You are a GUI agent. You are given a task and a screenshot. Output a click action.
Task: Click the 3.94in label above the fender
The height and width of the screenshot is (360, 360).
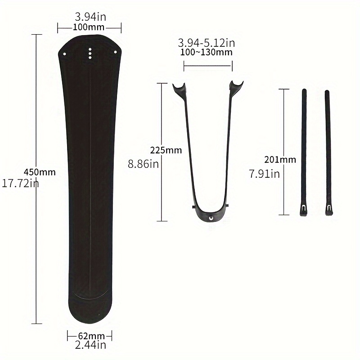click(90, 17)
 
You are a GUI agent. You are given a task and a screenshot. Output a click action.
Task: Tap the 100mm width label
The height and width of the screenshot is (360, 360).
click(89, 27)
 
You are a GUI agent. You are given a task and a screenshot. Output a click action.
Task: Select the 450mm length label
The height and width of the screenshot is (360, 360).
click(40, 172)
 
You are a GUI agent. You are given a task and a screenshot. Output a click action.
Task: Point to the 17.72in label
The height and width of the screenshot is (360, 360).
click(20, 183)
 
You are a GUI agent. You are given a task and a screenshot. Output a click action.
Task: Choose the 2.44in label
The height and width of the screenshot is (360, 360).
click(90, 345)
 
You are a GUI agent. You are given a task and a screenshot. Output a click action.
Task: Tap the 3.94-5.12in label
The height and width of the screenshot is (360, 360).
click(207, 43)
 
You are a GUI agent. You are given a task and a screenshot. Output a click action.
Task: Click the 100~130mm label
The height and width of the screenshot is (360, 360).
click(206, 52)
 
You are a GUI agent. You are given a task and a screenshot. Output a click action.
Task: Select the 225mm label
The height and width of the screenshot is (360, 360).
click(166, 150)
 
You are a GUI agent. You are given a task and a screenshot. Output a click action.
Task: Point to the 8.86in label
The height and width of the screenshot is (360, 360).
click(143, 164)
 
